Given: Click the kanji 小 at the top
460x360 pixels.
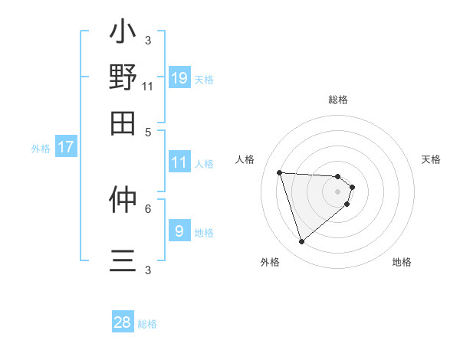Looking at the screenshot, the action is pos(123,34).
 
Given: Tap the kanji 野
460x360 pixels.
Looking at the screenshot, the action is pos(123,77).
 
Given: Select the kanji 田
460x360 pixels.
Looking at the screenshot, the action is pos(123,123).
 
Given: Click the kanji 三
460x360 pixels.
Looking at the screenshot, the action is pos(123,260).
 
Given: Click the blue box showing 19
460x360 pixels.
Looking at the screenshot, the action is pos(179,78).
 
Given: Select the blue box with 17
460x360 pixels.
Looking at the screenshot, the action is pos(66,148).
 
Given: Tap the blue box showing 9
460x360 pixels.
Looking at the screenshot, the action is pos(179,231).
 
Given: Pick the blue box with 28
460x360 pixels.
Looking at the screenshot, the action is pos(123,322).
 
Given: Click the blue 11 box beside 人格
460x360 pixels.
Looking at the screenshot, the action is pos(179,162).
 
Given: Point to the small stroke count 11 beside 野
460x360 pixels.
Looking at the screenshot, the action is pos(148,87).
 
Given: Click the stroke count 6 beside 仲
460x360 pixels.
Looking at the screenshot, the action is pos(148,208).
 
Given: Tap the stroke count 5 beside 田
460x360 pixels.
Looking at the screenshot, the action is pos(148,131).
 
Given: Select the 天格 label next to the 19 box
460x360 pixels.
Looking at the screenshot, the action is pos(204,79).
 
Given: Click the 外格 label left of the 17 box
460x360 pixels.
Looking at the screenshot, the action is pos(41,149).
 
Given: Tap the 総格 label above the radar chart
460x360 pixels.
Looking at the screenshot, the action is pos(338,100).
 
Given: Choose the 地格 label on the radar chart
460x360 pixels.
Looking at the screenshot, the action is pos(402,262).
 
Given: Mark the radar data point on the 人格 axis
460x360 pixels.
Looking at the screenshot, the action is pos(280,172).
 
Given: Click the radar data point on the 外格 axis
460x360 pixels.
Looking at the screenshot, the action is pos(301,242).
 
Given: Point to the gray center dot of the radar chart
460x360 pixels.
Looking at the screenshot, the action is pos(338,191).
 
